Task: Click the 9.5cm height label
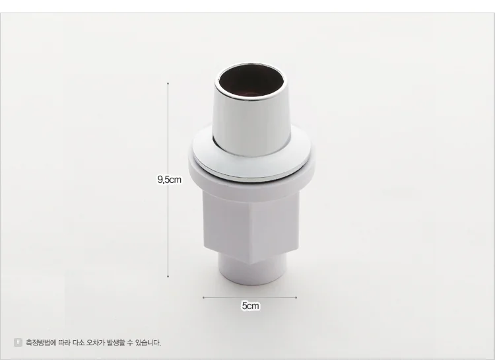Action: click(169, 179)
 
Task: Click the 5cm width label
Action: click(250, 306)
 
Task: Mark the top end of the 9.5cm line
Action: click(168, 83)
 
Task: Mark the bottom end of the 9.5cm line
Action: click(168, 277)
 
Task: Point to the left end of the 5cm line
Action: click(203, 297)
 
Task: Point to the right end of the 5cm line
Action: click(296, 297)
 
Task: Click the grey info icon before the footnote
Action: click(18, 342)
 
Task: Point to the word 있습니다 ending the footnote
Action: click(150, 343)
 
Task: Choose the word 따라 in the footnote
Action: click(63, 343)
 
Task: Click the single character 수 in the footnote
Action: click(134, 343)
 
